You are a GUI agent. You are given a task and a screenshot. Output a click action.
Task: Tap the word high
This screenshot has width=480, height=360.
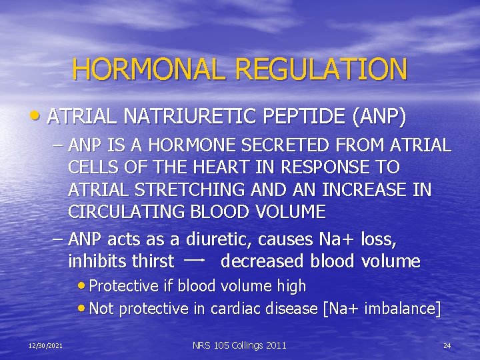coord(292,287)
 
